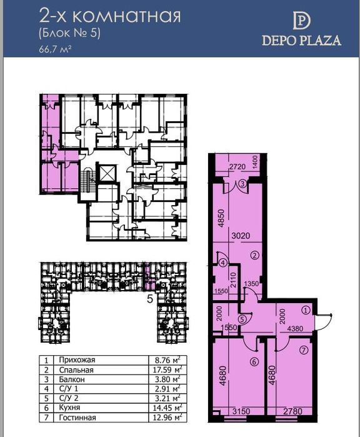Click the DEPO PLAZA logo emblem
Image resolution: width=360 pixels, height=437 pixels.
click(301, 21)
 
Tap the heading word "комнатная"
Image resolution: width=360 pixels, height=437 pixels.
click(127, 16)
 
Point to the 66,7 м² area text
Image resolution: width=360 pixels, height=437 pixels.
click(55, 49)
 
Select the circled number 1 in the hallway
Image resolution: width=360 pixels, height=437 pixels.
click(306, 310)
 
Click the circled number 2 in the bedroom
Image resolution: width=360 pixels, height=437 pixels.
click(255, 255)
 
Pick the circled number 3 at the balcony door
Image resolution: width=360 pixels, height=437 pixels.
click(242, 184)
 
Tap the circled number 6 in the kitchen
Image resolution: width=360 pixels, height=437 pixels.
click(254, 362)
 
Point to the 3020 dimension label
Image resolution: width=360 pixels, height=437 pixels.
click(241, 236)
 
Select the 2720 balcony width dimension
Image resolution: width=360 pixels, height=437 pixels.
click(237, 167)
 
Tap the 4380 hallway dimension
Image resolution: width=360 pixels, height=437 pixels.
click(295, 329)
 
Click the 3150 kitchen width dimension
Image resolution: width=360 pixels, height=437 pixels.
click(241, 411)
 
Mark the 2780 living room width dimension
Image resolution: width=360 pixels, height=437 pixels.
click(292, 411)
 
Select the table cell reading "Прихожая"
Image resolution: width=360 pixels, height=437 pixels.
click(77, 360)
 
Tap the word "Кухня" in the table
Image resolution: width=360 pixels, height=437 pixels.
click(69, 408)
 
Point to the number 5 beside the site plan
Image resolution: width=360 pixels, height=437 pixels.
click(150, 299)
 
